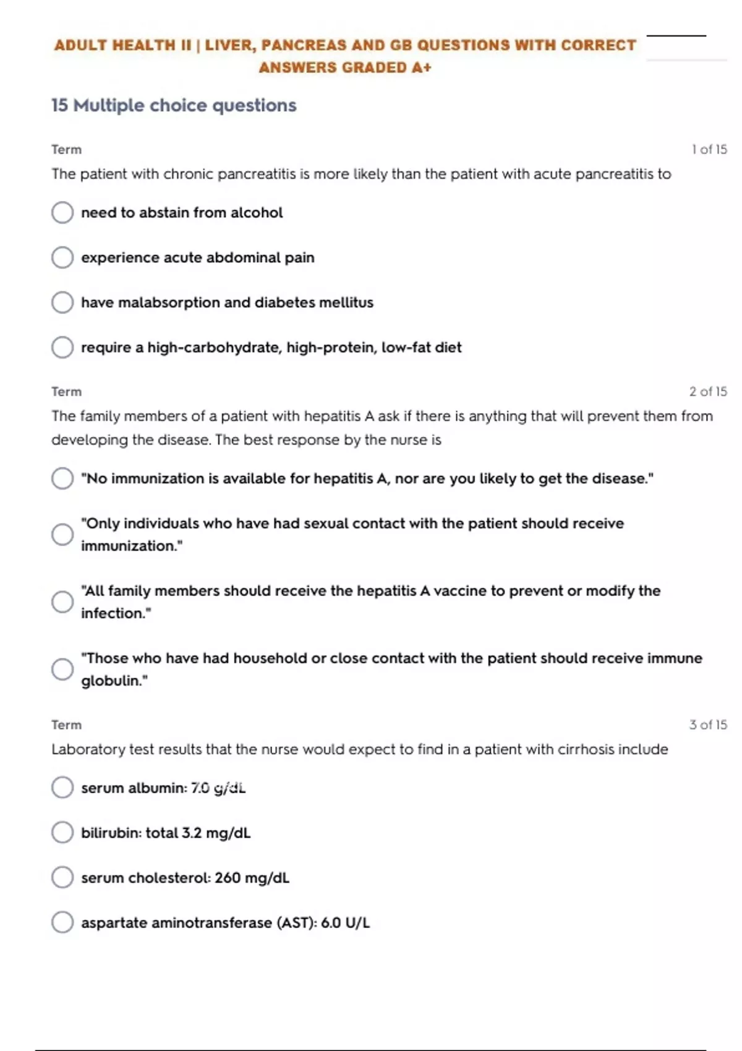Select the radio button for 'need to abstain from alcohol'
(x=62, y=213)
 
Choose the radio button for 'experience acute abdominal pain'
(x=62, y=257)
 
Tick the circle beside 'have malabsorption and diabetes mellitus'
(x=62, y=302)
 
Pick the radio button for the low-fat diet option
(x=62, y=347)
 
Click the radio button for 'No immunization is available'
(x=62, y=479)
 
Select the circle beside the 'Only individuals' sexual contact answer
(x=62, y=535)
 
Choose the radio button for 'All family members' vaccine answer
(x=62, y=602)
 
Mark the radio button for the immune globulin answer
(x=62, y=669)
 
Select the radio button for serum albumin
(x=62, y=788)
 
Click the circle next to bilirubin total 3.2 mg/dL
(x=62, y=833)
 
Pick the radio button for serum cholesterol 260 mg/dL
(x=62, y=877)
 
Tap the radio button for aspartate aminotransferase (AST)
(x=62, y=922)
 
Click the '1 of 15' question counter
(x=709, y=150)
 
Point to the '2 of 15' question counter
(x=708, y=391)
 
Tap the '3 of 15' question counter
(x=708, y=725)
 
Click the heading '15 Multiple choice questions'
(x=174, y=106)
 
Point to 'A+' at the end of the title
(x=422, y=68)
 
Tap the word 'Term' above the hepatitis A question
(x=66, y=392)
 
